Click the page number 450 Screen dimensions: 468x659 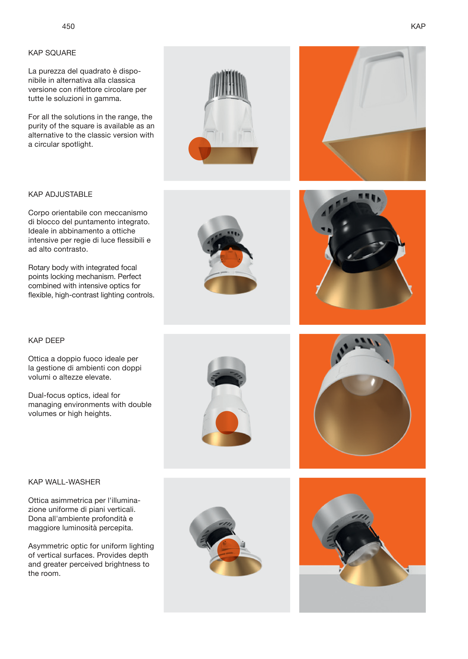(x=68, y=26)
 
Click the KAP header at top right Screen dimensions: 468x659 (x=418, y=26)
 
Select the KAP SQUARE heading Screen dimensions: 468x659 (x=52, y=53)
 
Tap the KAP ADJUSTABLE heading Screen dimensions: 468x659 (x=60, y=194)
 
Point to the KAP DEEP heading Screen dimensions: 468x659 (x=46, y=341)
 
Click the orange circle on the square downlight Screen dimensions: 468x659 (x=200, y=149)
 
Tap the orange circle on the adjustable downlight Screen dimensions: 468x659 (x=231, y=256)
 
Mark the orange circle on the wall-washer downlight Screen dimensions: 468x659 (x=229, y=550)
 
